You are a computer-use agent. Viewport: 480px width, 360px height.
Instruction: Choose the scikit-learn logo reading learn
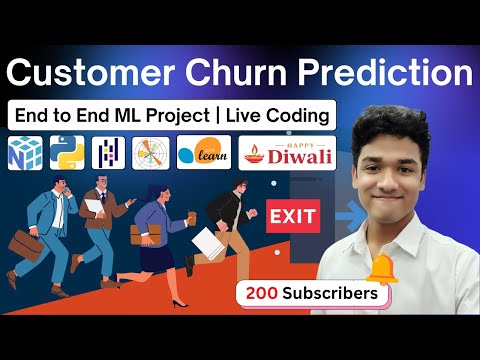pos(203,152)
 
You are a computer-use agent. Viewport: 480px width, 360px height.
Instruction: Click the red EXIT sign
pos(293,214)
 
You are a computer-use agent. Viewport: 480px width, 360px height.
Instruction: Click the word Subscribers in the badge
pos(330,294)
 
